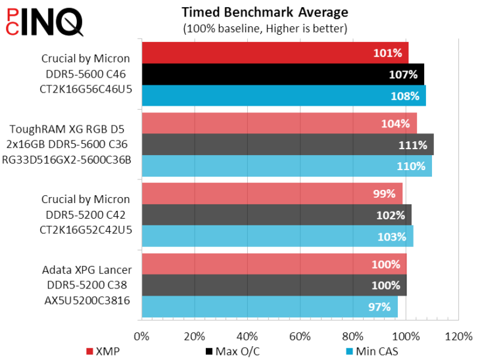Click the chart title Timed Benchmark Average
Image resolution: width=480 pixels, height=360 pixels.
pyautogui.click(x=265, y=12)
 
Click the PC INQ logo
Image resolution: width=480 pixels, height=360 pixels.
pyautogui.click(x=43, y=21)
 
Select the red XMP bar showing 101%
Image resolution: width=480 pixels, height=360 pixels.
pyautogui.click(x=275, y=53)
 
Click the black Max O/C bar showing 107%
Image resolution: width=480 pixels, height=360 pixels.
pyautogui.click(x=283, y=74)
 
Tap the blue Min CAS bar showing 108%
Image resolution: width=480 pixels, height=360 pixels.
pyautogui.click(x=283, y=95)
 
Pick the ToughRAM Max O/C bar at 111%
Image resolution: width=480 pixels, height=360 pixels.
pyautogui.click(x=287, y=145)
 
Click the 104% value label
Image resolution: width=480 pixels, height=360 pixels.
pyautogui.click(x=395, y=124)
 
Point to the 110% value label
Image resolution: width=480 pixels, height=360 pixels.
pyautogui.click(x=411, y=166)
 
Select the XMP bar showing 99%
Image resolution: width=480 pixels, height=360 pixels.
pyautogui.click(x=272, y=194)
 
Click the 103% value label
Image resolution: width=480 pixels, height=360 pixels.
pyautogui.click(x=393, y=236)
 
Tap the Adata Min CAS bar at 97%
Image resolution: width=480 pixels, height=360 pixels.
pyautogui.click(x=270, y=307)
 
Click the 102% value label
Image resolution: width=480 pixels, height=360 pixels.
pyautogui.click(x=391, y=215)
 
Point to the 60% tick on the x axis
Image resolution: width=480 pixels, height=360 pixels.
pyautogui.click(x=300, y=336)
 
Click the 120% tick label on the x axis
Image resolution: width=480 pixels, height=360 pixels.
pyautogui.click(x=458, y=336)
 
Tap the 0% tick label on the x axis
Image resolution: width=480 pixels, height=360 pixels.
pyautogui.click(x=141, y=336)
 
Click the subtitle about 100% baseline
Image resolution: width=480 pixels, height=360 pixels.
pyautogui.click(x=265, y=28)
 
